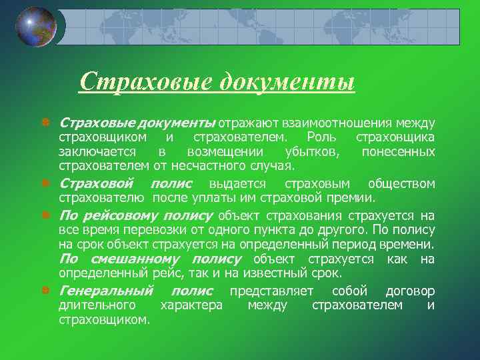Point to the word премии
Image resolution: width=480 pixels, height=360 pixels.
[x=354, y=197]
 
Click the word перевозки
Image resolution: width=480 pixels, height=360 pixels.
[x=152, y=229]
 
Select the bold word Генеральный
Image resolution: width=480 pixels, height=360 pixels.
[x=106, y=291]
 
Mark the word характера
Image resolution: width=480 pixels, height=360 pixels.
[x=193, y=305]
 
